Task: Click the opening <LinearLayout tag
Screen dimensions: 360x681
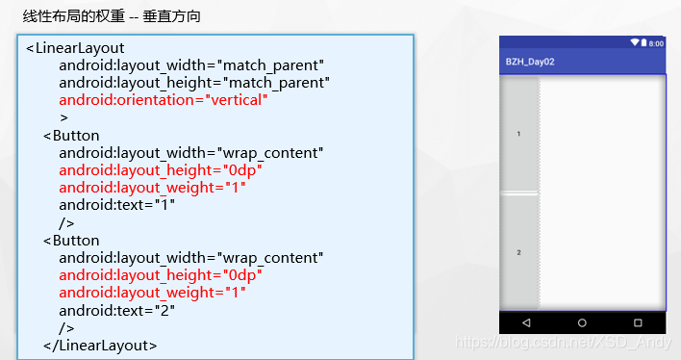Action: (x=75, y=48)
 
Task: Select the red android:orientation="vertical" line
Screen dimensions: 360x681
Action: (x=163, y=100)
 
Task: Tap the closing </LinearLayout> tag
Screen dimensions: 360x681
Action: (x=100, y=344)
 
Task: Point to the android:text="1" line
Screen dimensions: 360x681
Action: (x=116, y=205)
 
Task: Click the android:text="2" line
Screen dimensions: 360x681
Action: (x=116, y=310)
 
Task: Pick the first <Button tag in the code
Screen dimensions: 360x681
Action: (x=71, y=135)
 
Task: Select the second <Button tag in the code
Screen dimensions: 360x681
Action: (x=71, y=240)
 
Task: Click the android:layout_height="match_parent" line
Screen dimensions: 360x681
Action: (x=194, y=83)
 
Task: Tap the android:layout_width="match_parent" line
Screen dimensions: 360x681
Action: (x=191, y=65)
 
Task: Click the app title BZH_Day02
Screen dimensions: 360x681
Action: (x=530, y=62)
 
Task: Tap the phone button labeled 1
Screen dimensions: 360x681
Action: (x=519, y=134)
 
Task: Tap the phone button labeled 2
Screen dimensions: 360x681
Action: (x=519, y=252)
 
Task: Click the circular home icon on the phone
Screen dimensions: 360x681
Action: (x=582, y=321)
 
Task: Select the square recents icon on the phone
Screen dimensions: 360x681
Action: (x=638, y=321)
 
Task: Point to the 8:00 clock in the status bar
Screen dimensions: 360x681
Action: (x=656, y=43)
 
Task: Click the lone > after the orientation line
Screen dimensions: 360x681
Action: (x=63, y=117)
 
